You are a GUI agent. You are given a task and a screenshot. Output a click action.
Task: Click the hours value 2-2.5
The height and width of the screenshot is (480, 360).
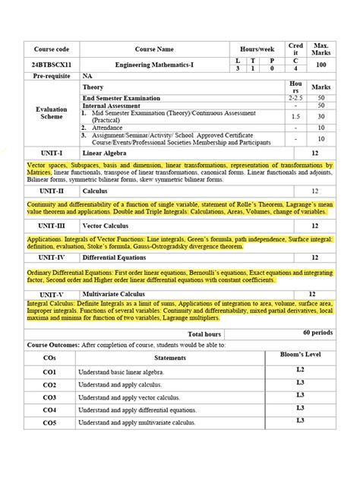tap(295, 98)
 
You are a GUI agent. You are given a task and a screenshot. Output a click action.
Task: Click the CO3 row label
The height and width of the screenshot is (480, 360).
tap(50, 397)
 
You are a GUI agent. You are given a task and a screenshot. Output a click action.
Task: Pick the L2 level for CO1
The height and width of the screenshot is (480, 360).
tap(300, 370)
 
